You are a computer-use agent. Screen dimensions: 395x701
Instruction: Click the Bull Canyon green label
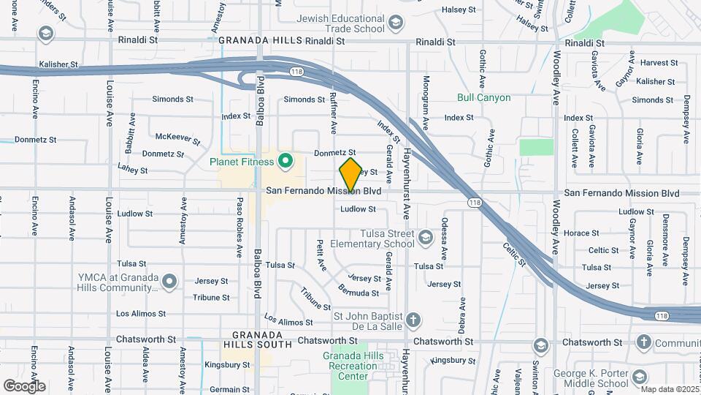click(483, 97)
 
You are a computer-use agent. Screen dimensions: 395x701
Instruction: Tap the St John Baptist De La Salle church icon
click(413, 320)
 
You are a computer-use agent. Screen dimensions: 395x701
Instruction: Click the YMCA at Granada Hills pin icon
click(169, 281)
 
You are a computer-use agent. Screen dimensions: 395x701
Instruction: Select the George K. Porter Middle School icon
click(640, 377)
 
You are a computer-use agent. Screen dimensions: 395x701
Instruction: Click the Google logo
click(24, 385)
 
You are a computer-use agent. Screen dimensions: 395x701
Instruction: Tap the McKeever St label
click(178, 137)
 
